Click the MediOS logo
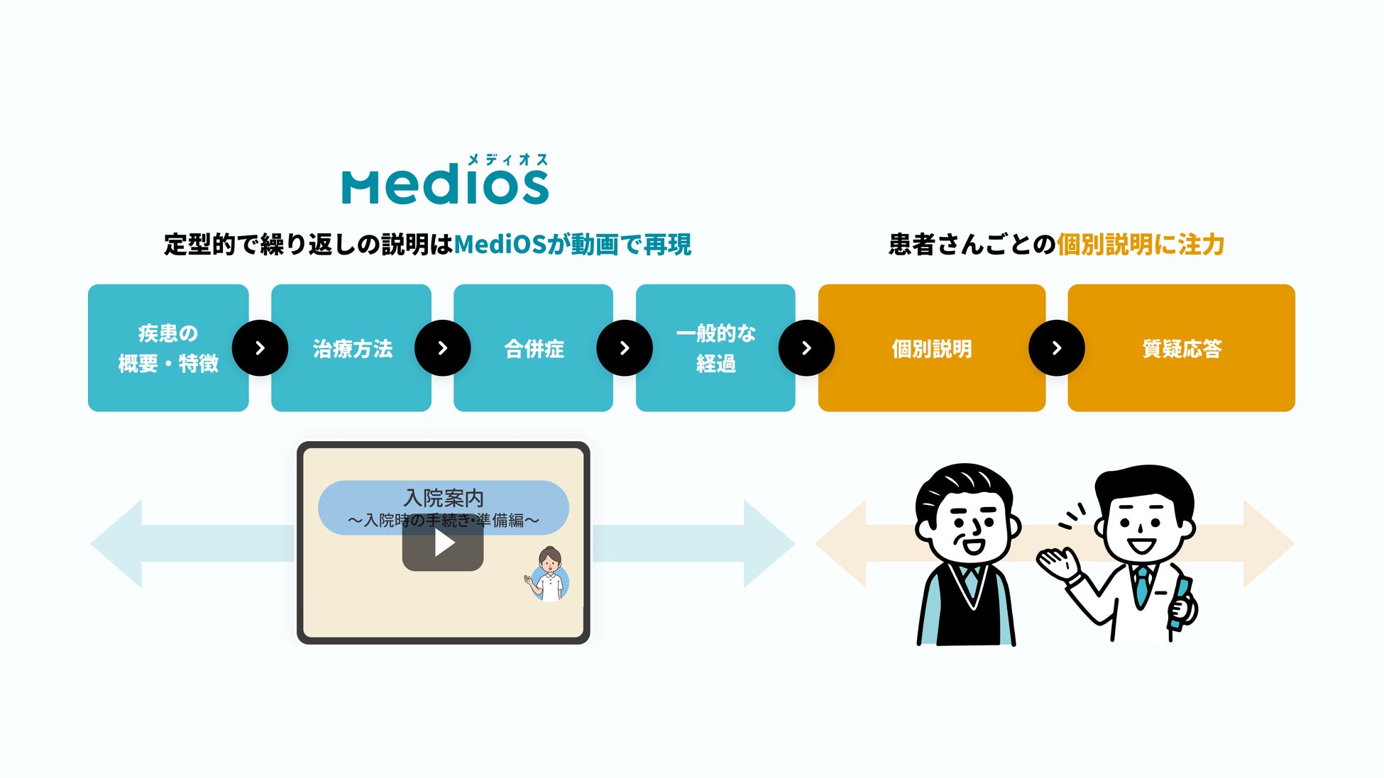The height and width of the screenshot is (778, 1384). (x=445, y=186)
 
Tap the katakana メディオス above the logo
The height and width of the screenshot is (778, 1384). (x=507, y=160)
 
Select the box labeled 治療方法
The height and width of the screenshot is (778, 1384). (x=351, y=348)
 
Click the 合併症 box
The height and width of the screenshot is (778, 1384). (x=533, y=348)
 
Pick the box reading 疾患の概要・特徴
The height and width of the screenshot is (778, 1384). (x=168, y=348)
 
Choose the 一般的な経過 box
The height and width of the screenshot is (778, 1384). (x=715, y=348)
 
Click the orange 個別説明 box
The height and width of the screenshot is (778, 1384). (x=931, y=348)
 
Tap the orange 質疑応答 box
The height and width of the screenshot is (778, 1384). (x=1181, y=348)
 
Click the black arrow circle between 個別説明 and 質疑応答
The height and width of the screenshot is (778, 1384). (x=1056, y=348)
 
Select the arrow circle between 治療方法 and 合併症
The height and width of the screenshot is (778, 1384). (x=442, y=348)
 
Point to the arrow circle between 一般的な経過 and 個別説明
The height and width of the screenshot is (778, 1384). (x=806, y=348)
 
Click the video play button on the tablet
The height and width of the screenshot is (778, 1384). (x=443, y=544)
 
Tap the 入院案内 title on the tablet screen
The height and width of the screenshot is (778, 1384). (x=443, y=498)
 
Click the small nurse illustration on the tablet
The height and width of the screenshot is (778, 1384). (x=549, y=574)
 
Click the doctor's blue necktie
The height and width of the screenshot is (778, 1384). (x=1141, y=585)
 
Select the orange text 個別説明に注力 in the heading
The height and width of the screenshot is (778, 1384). (x=1141, y=245)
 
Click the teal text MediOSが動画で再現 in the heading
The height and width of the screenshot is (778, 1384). (x=572, y=245)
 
